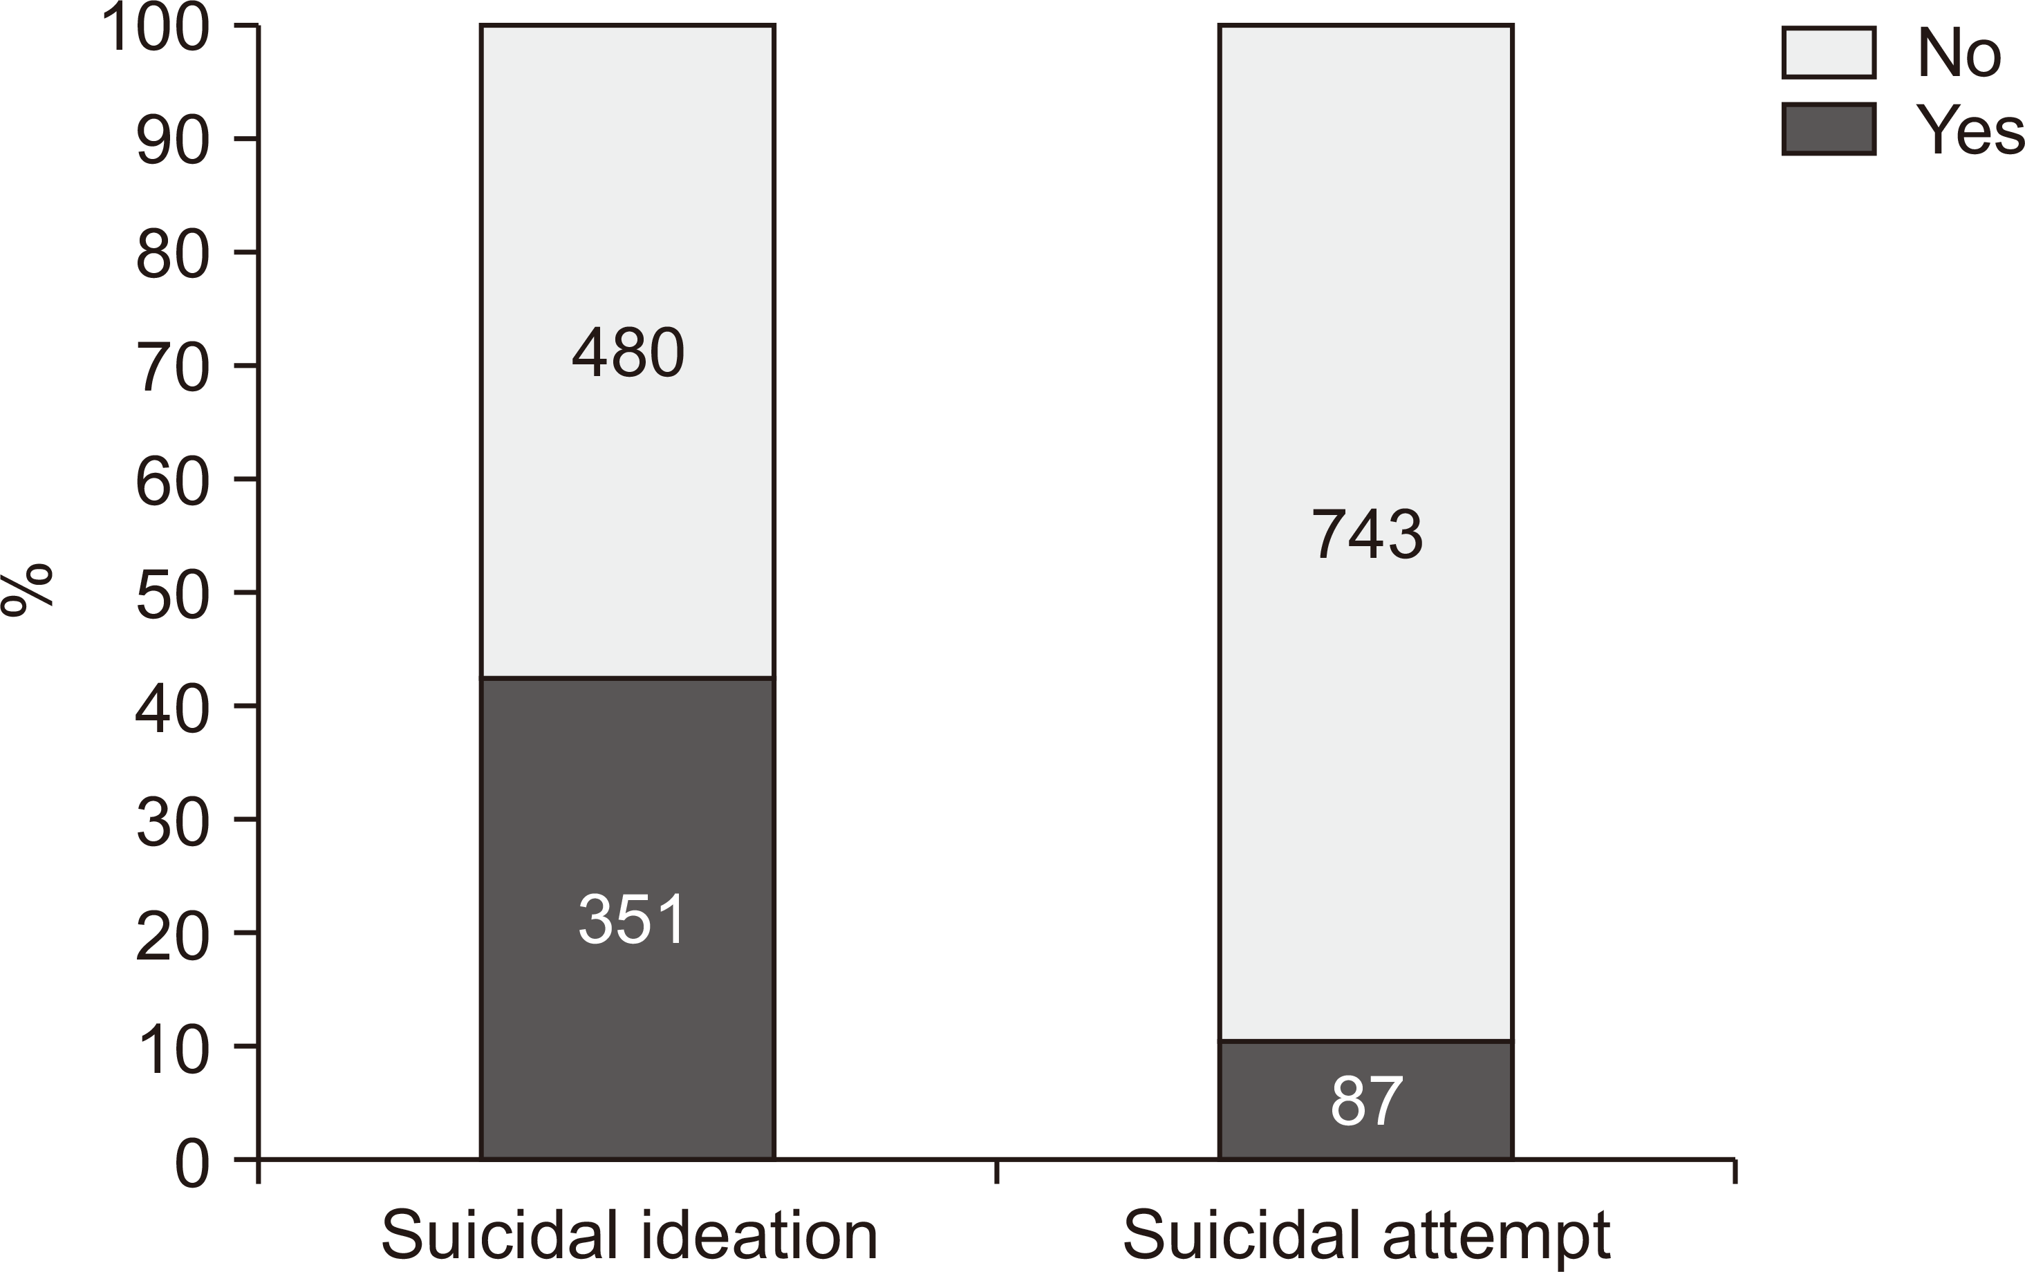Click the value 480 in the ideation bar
pyautogui.click(x=628, y=353)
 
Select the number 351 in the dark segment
pyautogui.click(x=633, y=919)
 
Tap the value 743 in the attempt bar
pyautogui.click(x=1368, y=534)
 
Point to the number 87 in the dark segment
pyautogui.click(x=1367, y=1101)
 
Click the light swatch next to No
pyautogui.click(x=1828, y=53)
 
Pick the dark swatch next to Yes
pyautogui.click(x=1828, y=129)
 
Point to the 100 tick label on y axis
pyautogui.click(x=155, y=27)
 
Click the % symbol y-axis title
pyautogui.click(x=27, y=590)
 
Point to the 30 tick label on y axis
pyautogui.click(x=172, y=823)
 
